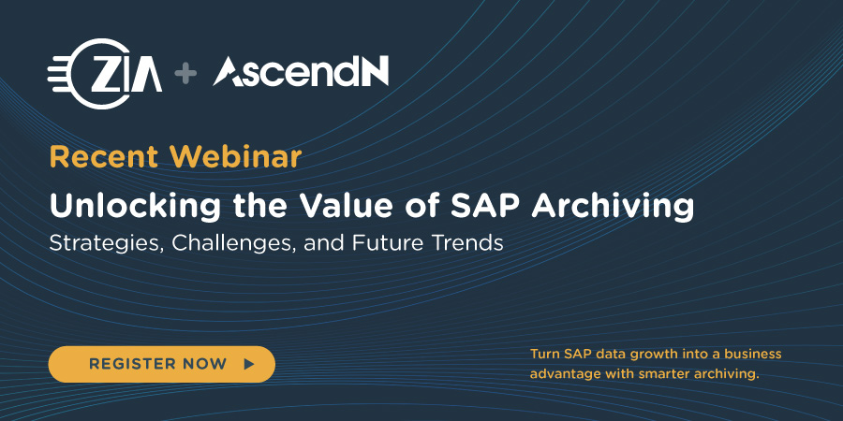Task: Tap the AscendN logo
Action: [301, 72]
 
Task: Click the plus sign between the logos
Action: [187, 74]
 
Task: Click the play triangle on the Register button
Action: [248, 364]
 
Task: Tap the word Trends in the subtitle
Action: [466, 242]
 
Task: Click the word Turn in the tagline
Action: [544, 355]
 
